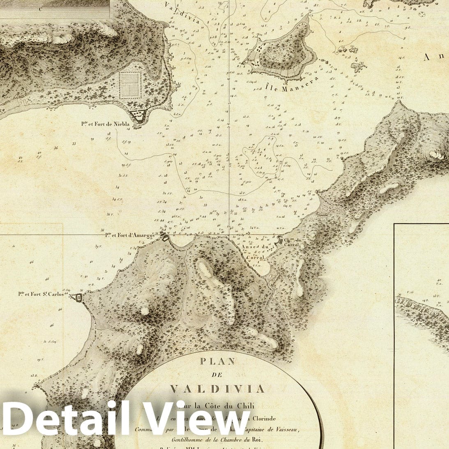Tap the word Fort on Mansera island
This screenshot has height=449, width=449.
(249, 60)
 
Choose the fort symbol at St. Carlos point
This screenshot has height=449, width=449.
(78, 297)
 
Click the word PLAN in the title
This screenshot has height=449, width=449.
(217, 362)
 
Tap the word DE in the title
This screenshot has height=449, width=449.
(217, 375)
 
